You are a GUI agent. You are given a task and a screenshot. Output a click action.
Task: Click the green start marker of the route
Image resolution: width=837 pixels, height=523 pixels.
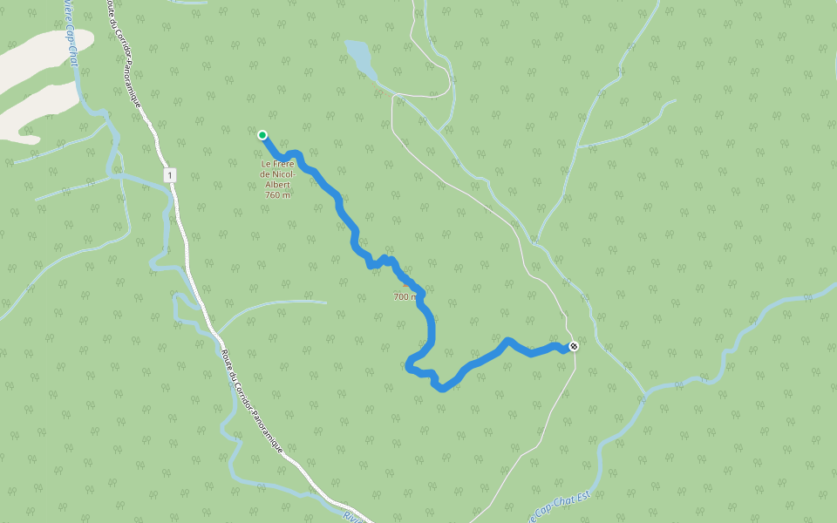click(262, 134)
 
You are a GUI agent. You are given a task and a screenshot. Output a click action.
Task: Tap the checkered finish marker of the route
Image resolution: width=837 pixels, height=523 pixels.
click(573, 347)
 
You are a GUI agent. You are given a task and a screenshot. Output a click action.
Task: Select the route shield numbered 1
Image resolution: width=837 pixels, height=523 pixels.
click(169, 175)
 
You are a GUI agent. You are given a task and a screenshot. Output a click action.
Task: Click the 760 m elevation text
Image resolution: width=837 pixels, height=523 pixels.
click(277, 194)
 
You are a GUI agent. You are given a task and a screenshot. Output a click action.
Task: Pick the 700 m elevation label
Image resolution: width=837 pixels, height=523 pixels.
click(406, 297)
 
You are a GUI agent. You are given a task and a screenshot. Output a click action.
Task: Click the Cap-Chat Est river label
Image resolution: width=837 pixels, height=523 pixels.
click(563, 506)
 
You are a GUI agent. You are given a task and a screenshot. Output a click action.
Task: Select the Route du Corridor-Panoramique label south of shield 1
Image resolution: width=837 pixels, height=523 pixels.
click(253, 401)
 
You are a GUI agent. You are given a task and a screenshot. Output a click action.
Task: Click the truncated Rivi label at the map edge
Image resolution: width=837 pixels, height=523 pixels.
click(351, 517)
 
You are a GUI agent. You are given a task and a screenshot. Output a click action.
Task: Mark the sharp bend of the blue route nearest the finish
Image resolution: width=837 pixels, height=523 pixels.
click(507, 339)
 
